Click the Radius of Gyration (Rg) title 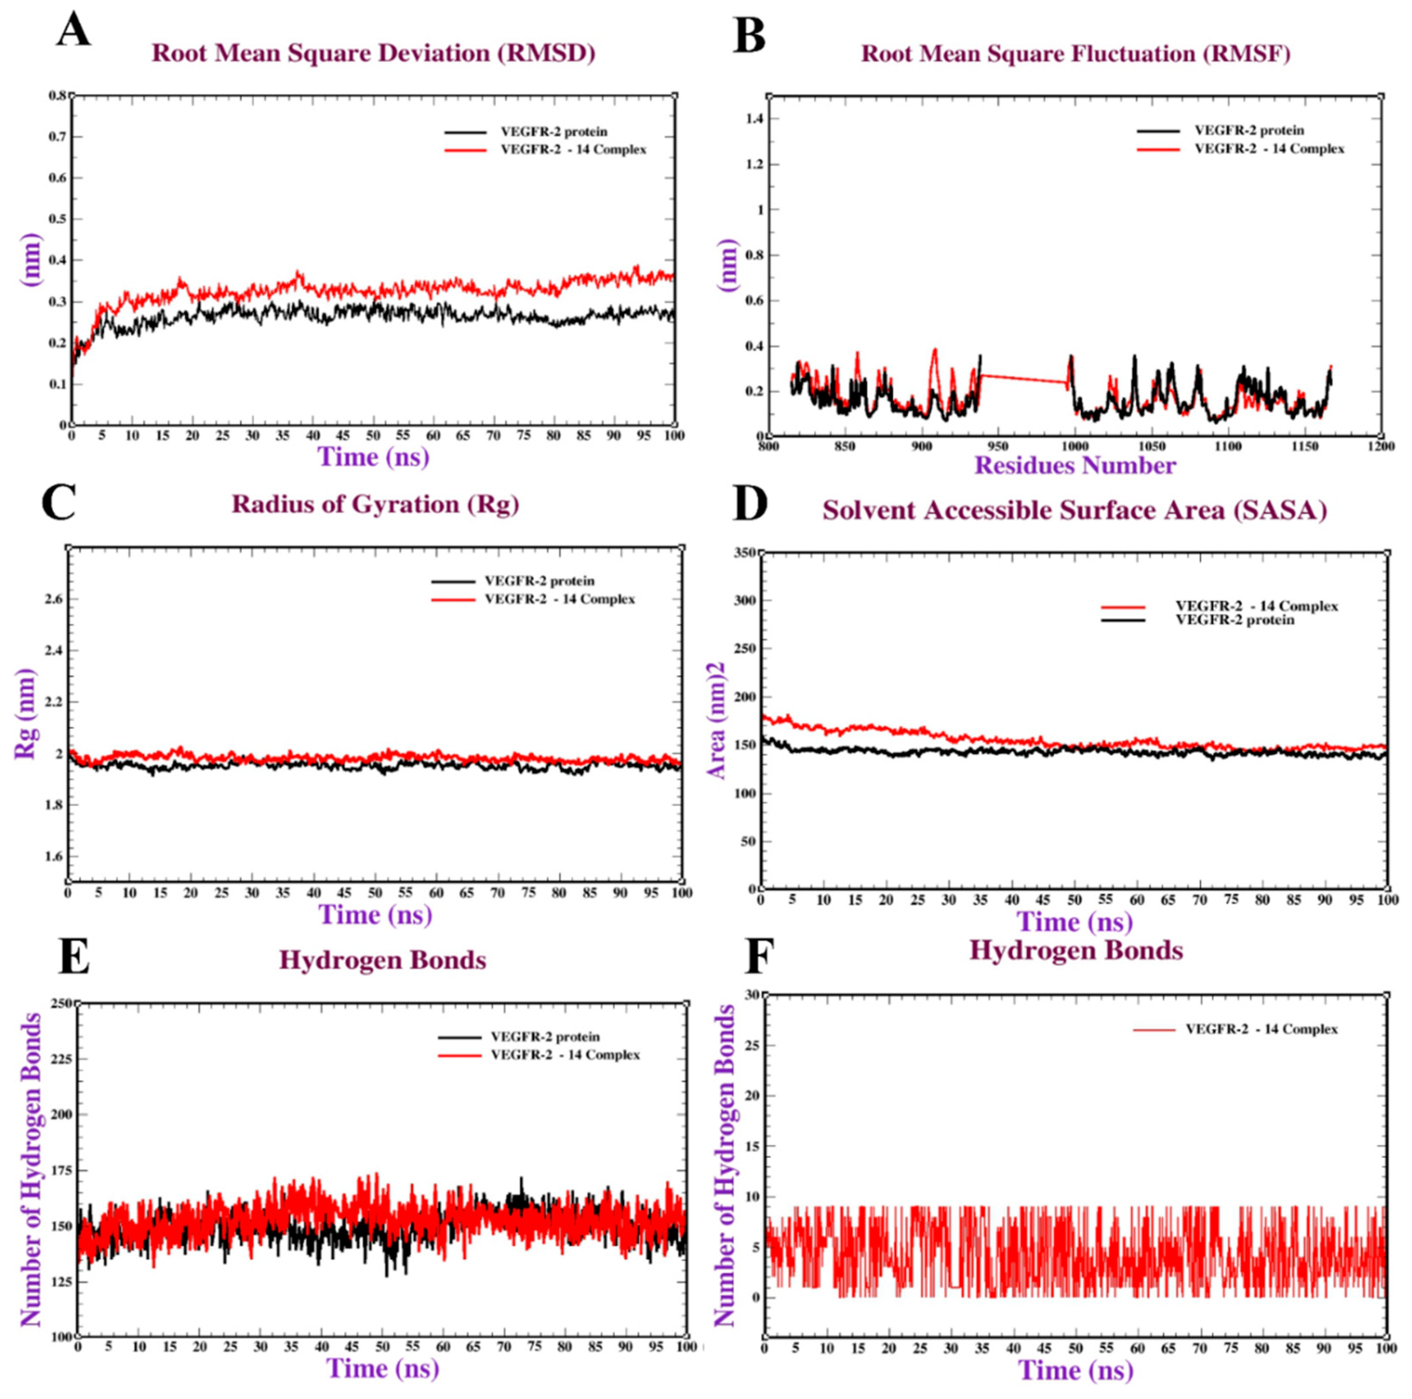[x=375, y=504]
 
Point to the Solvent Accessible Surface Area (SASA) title [x=1074, y=510]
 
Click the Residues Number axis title [x=1075, y=465]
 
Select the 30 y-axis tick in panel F [x=750, y=994]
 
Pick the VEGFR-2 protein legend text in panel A [x=553, y=132]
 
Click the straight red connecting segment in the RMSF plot [x=1023, y=379]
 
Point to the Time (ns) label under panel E [x=382, y=1367]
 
